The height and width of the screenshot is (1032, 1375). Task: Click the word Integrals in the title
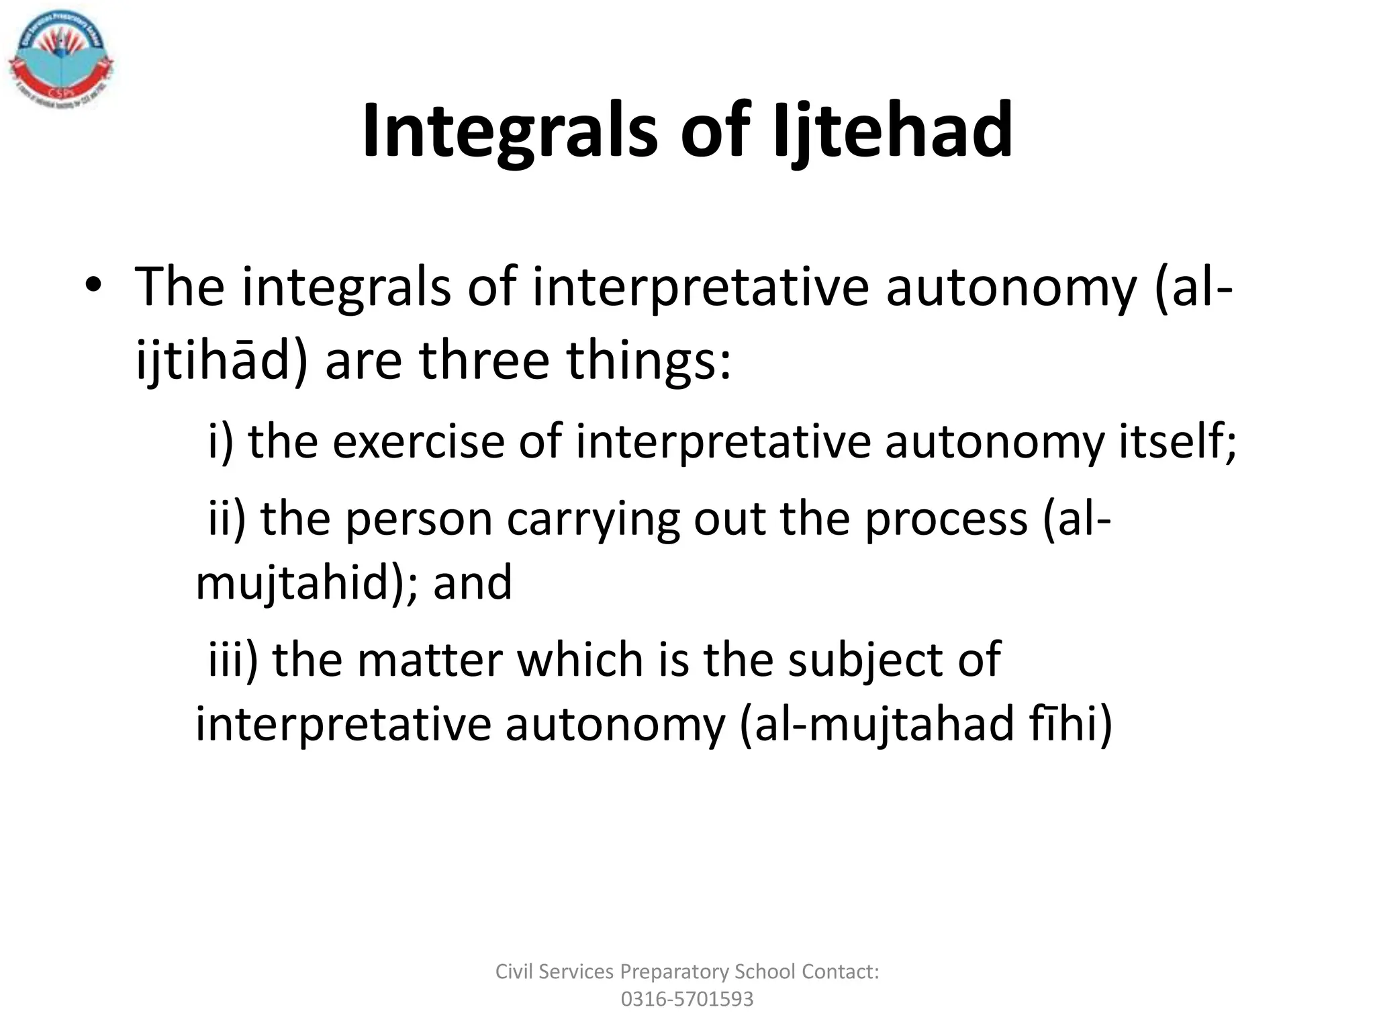click(x=510, y=131)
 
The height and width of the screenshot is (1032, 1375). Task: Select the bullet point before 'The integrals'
click(x=93, y=287)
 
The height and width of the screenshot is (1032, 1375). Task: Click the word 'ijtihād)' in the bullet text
click(x=222, y=361)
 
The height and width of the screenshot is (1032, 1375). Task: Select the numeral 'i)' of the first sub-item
click(x=220, y=442)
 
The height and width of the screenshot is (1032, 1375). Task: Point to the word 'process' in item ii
click(x=946, y=519)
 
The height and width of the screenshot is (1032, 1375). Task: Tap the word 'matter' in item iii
click(x=430, y=660)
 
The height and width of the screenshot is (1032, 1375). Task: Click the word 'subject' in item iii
click(x=865, y=660)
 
